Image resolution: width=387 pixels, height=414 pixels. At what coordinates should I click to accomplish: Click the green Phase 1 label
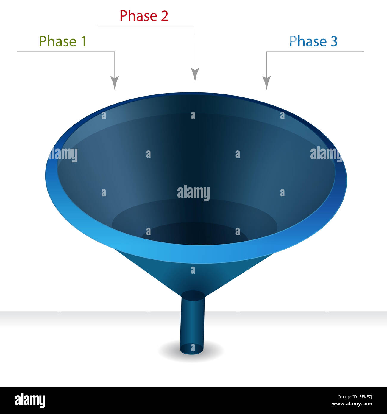tap(63, 41)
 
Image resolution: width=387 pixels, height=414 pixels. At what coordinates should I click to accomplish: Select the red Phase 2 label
tap(144, 15)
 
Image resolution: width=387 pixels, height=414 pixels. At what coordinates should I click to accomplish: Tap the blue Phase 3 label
tap(313, 41)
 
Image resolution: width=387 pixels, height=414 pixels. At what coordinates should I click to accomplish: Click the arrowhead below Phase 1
tap(115, 82)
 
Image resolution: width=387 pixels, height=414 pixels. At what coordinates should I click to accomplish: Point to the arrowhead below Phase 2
tap(195, 74)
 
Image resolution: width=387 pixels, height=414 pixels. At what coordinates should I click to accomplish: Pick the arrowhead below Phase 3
tap(266, 82)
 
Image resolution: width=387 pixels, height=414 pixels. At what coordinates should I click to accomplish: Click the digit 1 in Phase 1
tap(83, 41)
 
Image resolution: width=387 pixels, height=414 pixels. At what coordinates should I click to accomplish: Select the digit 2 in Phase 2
tap(165, 16)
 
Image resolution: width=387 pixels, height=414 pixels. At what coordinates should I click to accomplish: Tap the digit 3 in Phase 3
tap(334, 41)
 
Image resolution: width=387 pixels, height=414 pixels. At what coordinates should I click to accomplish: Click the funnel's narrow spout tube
tap(193, 322)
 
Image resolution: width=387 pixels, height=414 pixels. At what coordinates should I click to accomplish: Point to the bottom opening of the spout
tap(192, 349)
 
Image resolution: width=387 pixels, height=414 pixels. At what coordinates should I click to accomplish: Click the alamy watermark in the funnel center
tap(193, 193)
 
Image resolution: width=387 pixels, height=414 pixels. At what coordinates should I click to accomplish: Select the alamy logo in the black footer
tap(30, 400)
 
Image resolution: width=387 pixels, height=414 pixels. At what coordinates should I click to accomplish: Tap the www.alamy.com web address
tap(352, 404)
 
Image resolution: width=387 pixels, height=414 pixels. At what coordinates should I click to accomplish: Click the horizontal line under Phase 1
tap(65, 52)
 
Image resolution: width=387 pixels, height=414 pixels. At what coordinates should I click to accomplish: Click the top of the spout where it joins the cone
tap(193, 295)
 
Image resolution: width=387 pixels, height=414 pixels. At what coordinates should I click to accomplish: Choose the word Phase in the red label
tap(138, 16)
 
